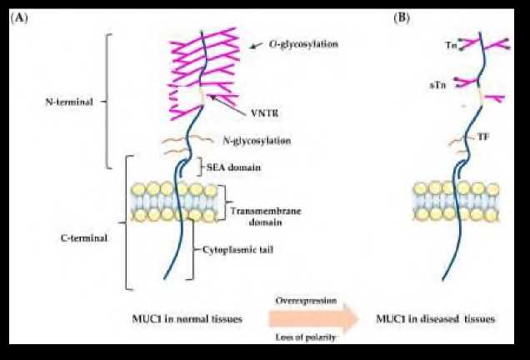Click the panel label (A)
pyautogui.click(x=19, y=17)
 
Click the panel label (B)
pyautogui.click(x=402, y=17)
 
